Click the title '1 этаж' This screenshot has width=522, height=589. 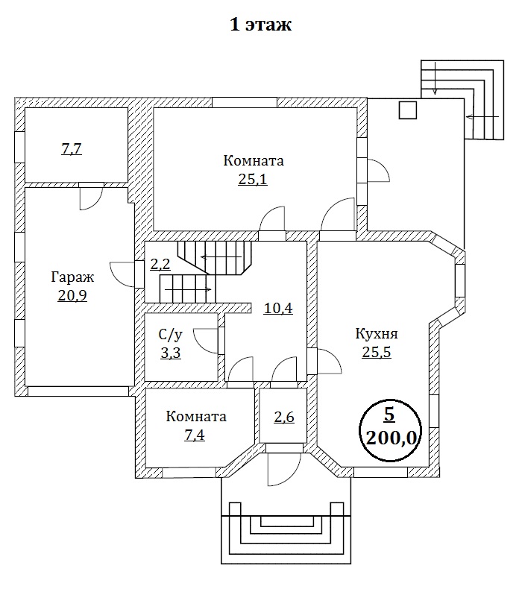pos(260,25)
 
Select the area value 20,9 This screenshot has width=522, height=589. pos(71,295)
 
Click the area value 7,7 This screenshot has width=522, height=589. pos(71,149)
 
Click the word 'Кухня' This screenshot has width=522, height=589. pos(377,333)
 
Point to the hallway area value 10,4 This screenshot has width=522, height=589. pos(277,306)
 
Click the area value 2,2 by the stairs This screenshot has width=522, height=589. pos(160,264)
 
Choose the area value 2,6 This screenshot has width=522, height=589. pos(283,418)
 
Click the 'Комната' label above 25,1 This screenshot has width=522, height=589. pos(254,160)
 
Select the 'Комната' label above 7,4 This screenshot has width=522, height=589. pos(196,416)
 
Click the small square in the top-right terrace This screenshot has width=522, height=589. pos(407,110)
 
